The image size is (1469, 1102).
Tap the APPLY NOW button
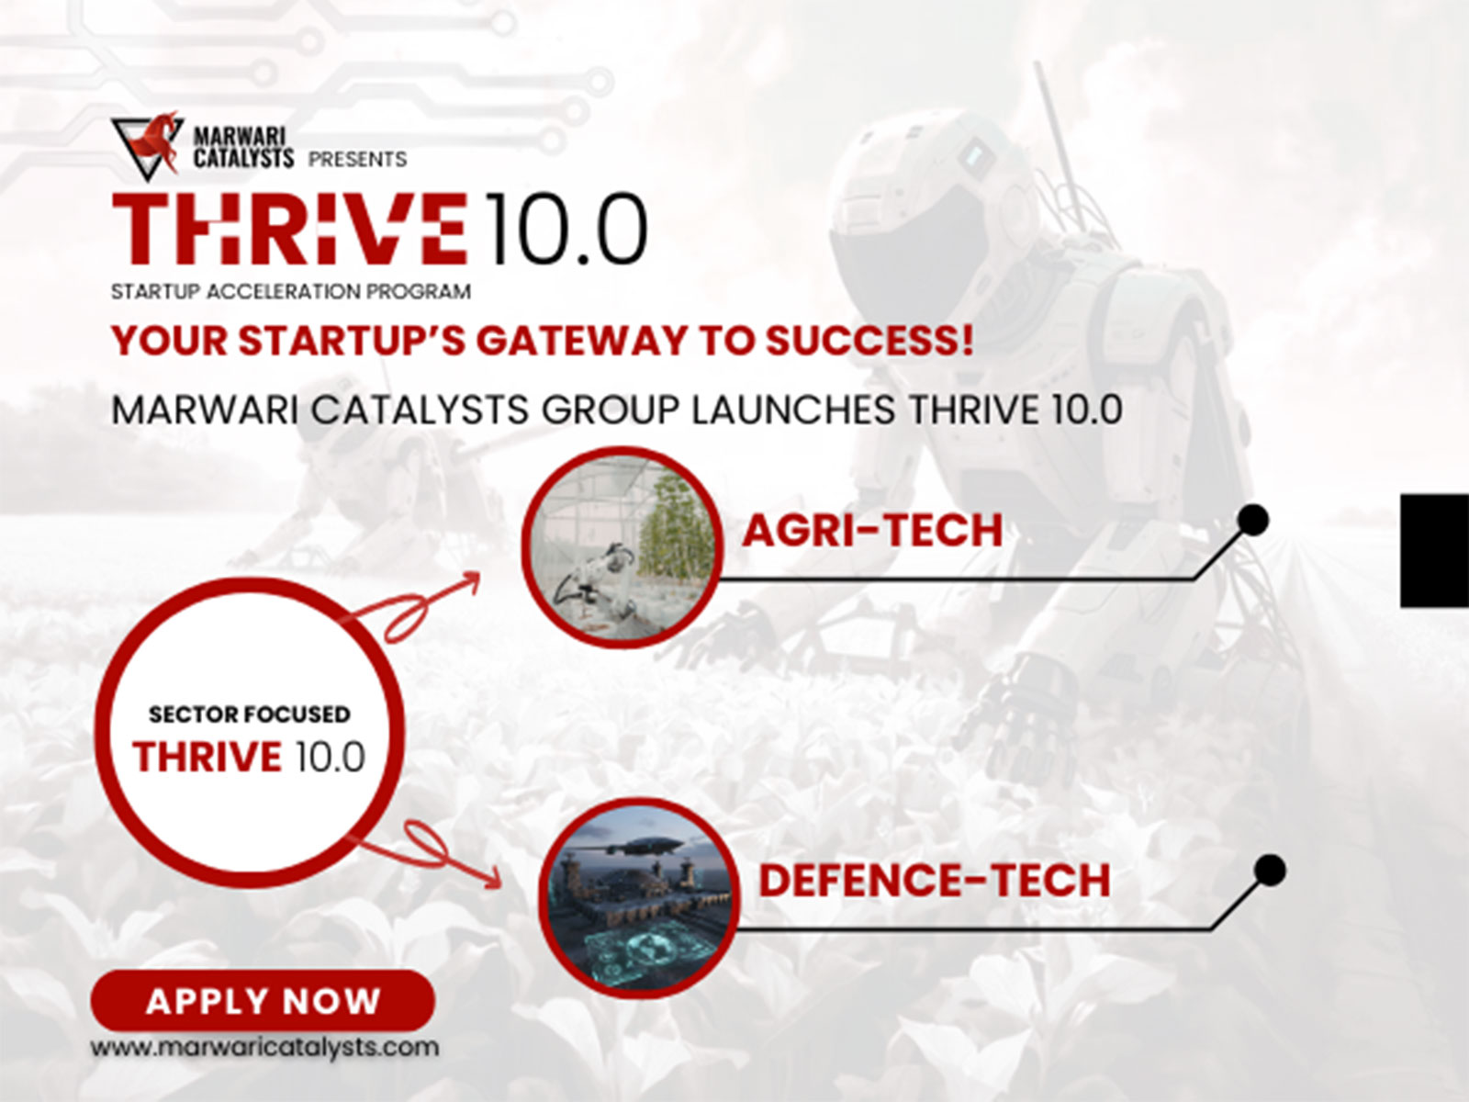(x=263, y=1000)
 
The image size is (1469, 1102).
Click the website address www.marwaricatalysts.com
(x=264, y=1047)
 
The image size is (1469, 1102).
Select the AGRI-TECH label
(x=872, y=531)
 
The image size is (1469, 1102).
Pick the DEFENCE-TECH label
(x=935, y=880)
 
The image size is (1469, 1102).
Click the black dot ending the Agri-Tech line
(x=1253, y=521)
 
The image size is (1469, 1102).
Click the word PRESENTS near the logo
(x=357, y=160)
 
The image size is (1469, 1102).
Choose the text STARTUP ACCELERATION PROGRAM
(x=290, y=292)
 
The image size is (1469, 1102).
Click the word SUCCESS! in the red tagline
(x=869, y=341)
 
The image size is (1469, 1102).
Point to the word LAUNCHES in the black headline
(x=791, y=410)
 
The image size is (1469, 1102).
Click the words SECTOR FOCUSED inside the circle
(x=249, y=714)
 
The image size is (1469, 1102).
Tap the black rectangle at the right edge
(x=1434, y=550)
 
